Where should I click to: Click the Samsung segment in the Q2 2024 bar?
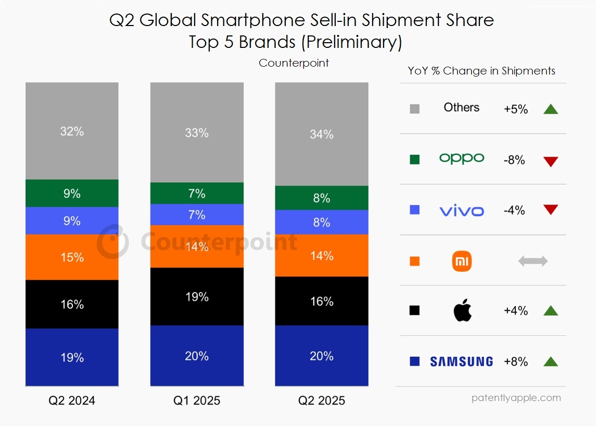tap(72, 357)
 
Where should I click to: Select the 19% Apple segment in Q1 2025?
tap(197, 296)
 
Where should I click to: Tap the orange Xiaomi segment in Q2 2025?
tap(322, 255)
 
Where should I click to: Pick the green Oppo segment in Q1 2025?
tap(197, 193)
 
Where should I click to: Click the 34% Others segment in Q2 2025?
tap(322, 134)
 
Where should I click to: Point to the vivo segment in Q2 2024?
tap(72, 221)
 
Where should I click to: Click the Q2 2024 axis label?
tap(72, 400)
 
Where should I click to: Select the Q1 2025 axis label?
tap(197, 400)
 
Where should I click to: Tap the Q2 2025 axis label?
tap(322, 400)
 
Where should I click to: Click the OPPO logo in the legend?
tap(462, 159)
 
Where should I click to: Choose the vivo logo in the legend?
tap(462, 210)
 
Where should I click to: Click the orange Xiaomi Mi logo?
tap(462, 261)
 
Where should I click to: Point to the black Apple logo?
tap(462, 310)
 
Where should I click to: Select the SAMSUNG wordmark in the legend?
tap(462, 361)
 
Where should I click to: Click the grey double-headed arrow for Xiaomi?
tap(533, 261)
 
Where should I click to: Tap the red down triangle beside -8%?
tap(550, 161)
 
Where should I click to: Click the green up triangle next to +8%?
tap(550, 361)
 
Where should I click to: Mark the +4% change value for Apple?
tap(516, 311)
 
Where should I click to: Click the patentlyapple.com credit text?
tap(516, 398)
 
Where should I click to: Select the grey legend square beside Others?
tap(415, 109)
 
